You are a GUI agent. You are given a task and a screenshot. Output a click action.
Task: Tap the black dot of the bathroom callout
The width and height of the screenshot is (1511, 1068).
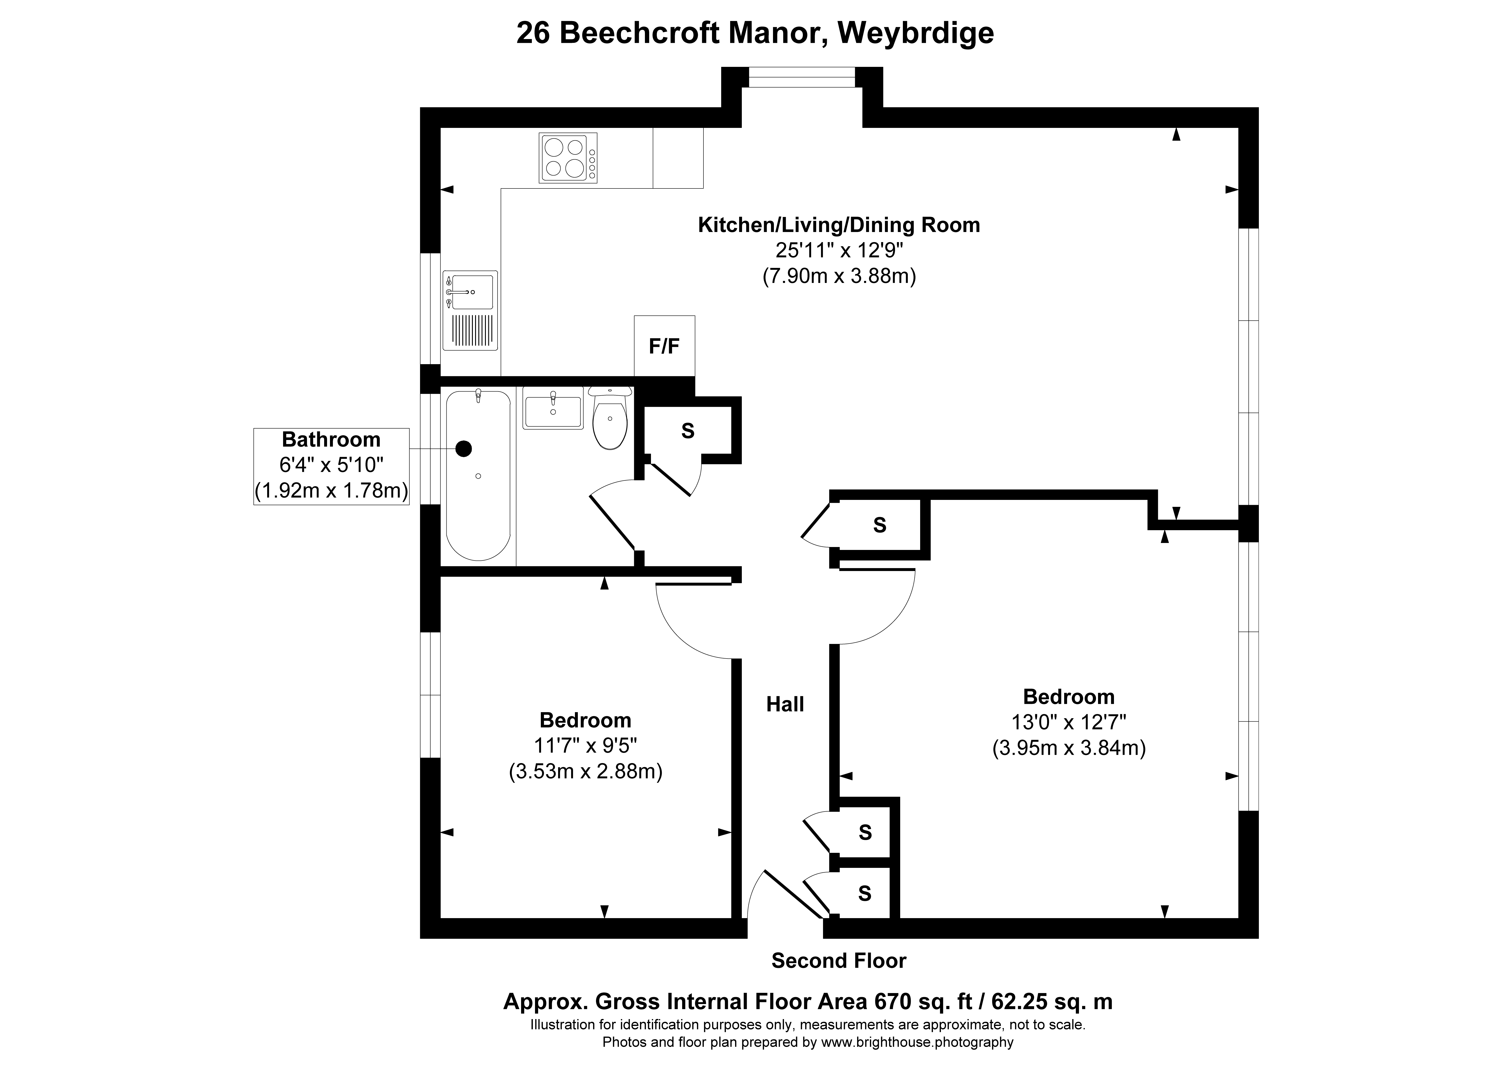[465, 449]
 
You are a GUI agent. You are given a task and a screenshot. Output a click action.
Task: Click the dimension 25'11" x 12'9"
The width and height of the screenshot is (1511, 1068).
[838, 251]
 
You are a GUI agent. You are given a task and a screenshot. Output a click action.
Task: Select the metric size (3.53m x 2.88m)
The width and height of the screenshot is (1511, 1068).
[585, 771]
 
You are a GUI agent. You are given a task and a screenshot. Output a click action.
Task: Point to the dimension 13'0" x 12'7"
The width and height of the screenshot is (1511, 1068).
[1068, 722]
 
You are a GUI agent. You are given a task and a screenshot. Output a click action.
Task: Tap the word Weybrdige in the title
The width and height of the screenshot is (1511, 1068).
[915, 33]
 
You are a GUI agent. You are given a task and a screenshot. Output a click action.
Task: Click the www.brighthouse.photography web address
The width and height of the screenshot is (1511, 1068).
[917, 1042]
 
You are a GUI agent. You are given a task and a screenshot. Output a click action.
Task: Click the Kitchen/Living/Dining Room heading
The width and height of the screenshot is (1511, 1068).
[838, 225]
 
